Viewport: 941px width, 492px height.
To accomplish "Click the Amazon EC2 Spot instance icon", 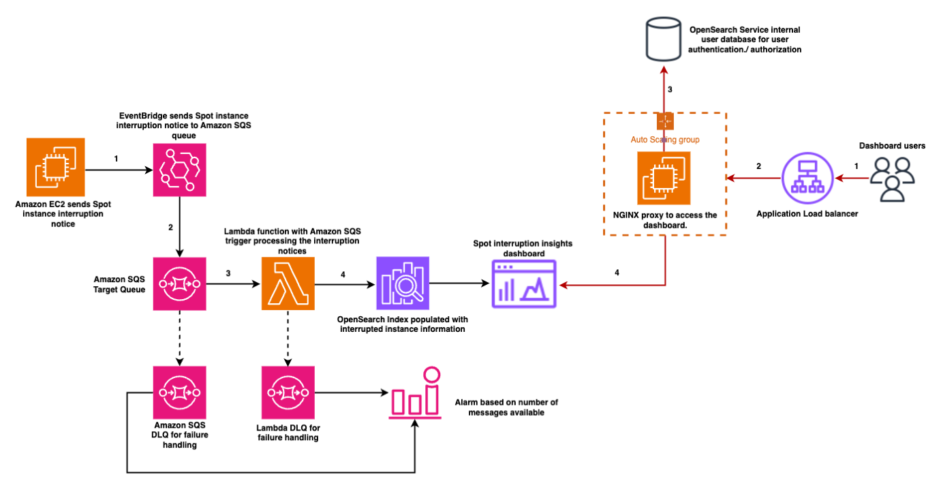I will (55, 166).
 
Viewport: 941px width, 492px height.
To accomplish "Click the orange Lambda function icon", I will (288, 283).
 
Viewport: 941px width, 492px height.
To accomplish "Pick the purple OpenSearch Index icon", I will (402, 283).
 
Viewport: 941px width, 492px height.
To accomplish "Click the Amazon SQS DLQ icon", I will (179, 393).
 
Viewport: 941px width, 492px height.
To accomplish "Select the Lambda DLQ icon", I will (288, 393).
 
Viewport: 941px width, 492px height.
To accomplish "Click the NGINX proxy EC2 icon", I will (664, 178).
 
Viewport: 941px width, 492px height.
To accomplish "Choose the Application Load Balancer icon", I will (807, 178).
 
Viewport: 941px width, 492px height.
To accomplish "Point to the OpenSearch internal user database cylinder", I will (663, 40).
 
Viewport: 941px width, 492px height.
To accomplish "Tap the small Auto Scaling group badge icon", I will (664, 121).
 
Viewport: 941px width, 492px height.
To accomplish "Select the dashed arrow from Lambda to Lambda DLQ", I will (288, 337).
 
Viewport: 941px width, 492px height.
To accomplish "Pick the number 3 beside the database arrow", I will (670, 89).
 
